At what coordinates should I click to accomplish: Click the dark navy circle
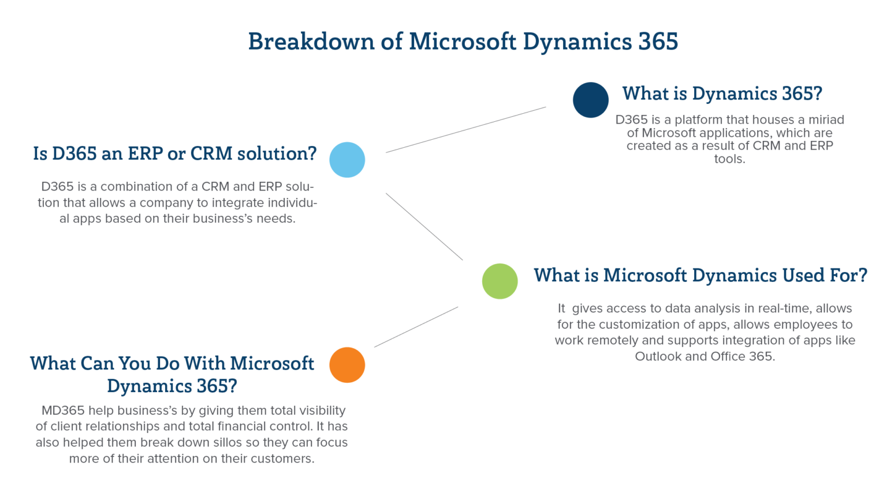click(590, 100)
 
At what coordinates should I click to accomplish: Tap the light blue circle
click(347, 160)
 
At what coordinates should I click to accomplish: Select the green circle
click(500, 281)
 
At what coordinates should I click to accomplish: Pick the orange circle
click(347, 365)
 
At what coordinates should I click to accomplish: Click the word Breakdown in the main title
click(311, 42)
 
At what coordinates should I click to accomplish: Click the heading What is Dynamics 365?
click(722, 94)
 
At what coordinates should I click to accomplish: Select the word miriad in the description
click(826, 120)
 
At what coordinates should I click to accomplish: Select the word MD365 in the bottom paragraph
click(63, 411)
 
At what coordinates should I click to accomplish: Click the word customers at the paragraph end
click(285, 458)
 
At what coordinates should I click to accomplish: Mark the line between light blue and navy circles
click(465, 130)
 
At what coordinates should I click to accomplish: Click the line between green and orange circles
click(416, 327)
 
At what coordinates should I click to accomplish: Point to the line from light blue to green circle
click(424, 226)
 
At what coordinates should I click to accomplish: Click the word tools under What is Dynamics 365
click(729, 159)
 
